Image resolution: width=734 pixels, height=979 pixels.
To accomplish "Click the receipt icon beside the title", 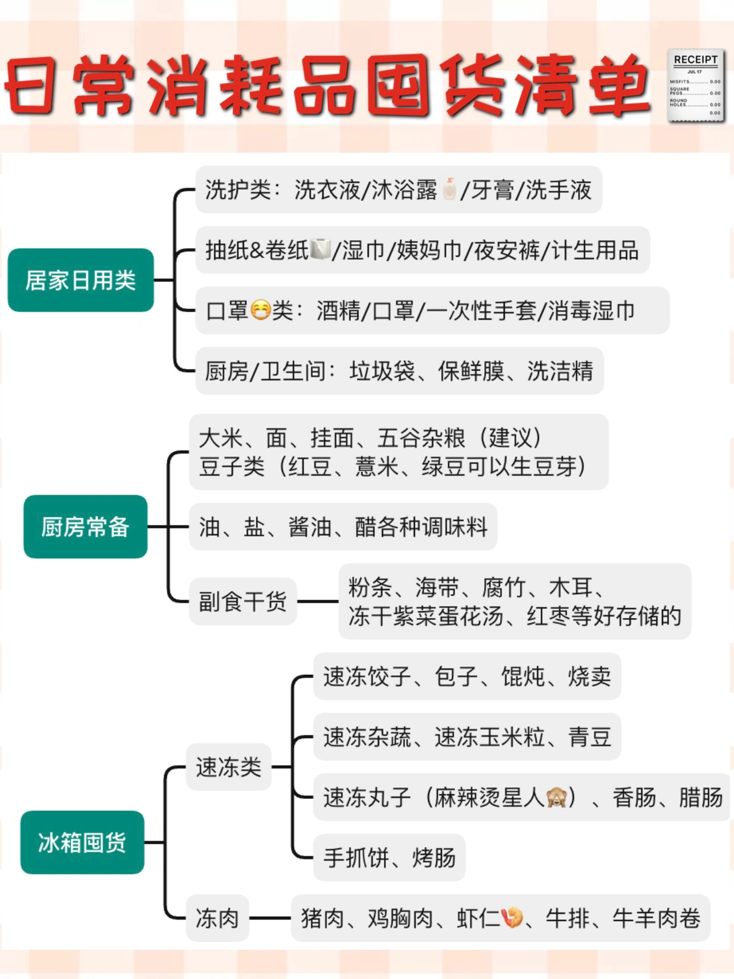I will click(696, 86).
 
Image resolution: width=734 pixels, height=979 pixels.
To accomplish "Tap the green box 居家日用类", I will click(81, 280).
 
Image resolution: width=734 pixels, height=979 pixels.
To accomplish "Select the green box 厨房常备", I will click(85, 527).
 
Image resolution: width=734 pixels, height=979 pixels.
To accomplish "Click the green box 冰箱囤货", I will click(82, 842).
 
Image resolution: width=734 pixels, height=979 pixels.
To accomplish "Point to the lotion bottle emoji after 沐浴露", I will click(450, 189).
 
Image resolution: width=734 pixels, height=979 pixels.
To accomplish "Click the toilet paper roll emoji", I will click(320, 249).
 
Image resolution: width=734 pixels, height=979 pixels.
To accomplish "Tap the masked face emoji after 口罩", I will click(261, 310).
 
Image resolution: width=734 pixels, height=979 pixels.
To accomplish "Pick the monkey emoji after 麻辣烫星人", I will click(556, 797).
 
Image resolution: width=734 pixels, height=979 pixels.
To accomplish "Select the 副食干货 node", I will click(243, 602).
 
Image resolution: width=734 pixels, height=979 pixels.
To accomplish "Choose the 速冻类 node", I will click(229, 767).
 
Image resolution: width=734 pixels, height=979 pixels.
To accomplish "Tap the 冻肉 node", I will click(217, 918).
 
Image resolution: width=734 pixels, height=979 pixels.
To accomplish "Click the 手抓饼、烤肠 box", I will click(389, 858).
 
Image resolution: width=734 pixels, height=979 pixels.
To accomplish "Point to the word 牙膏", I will click(492, 190).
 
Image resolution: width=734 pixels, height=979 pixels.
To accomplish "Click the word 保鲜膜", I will click(471, 371).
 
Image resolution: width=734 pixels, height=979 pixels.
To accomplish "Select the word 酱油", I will click(310, 527).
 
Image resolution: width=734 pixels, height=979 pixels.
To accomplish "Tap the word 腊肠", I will click(701, 797).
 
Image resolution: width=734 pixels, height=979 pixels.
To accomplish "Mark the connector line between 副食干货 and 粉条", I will click(318, 602).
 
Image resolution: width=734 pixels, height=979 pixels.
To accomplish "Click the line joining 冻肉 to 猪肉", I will click(270, 918).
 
